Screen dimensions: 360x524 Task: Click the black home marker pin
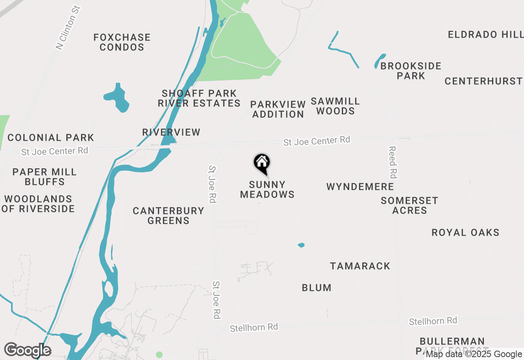click(x=262, y=163)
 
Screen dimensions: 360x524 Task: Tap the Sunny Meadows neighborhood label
click(x=267, y=189)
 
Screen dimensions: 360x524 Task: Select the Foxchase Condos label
click(x=122, y=42)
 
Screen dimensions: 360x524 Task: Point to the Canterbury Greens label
click(x=168, y=216)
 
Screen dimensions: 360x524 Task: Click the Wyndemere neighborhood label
click(x=360, y=187)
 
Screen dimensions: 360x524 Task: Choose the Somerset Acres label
click(x=409, y=205)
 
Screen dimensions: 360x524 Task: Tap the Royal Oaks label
click(x=465, y=233)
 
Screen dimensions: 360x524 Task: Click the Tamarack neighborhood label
click(x=360, y=266)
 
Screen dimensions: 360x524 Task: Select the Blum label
click(x=316, y=288)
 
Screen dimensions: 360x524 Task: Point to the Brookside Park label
click(x=411, y=71)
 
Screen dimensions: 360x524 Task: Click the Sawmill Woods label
click(x=335, y=106)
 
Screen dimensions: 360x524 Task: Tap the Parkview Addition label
click(x=278, y=109)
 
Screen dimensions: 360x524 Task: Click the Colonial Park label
click(x=51, y=137)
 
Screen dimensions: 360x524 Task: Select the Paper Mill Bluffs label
click(x=45, y=177)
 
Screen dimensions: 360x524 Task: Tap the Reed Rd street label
click(x=393, y=162)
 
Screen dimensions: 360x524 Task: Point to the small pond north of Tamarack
click(x=301, y=245)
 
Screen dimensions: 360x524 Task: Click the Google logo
click(x=27, y=351)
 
